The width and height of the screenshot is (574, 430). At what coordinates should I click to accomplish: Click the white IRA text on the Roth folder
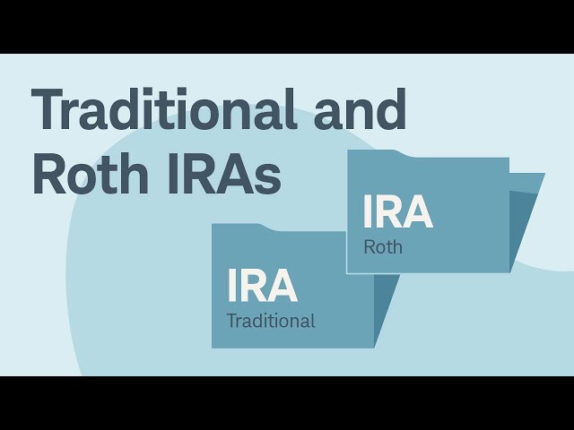tap(397, 212)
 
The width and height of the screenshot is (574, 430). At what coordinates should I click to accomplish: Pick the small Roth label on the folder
tap(383, 247)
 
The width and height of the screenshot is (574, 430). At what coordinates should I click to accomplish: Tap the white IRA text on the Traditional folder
tap(262, 286)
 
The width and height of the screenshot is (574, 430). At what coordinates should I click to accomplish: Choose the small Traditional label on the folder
tap(271, 321)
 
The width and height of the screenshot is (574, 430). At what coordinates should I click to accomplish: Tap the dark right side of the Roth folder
tap(525, 219)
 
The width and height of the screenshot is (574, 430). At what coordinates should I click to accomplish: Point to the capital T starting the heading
tap(50, 111)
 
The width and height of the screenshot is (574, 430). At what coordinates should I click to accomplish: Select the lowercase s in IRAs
tap(267, 179)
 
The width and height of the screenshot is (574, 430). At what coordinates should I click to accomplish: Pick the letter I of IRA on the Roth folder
tap(367, 212)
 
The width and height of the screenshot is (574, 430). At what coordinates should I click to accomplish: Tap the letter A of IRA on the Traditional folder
tap(282, 286)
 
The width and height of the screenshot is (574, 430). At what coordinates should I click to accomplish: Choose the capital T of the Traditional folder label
tap(231, 321)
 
